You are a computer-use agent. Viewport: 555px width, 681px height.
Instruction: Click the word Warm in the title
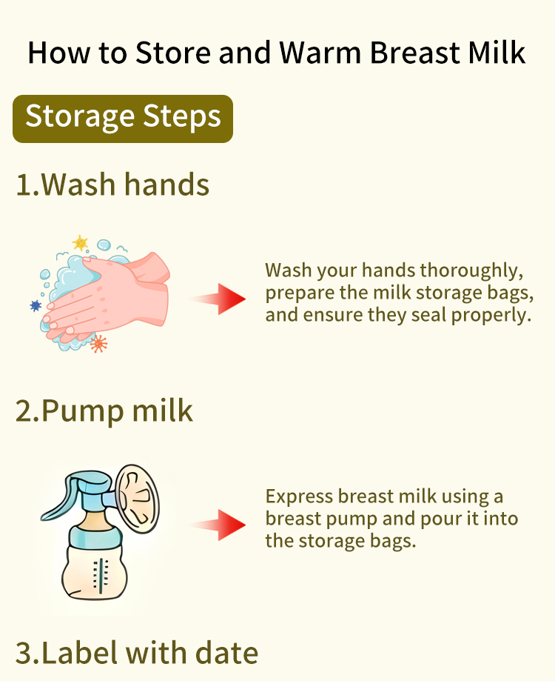[x=320, y=53]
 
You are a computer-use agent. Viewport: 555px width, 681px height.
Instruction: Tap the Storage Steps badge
[x=123, y=119]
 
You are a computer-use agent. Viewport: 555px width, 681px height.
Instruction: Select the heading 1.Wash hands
[x=112, y=185]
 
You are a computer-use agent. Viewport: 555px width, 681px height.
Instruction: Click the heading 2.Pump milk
[x=104, y=411]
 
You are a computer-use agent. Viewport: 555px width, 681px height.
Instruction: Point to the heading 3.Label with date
[x=137, y=653]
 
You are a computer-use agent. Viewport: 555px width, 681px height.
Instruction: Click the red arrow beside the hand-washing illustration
[x=219, y=299]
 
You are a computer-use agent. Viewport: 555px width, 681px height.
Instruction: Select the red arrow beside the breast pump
[x=219, y=525]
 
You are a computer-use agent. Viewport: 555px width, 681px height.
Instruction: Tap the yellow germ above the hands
[x=80, y=243]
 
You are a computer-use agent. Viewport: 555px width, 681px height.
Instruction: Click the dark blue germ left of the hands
[x=36, y=306]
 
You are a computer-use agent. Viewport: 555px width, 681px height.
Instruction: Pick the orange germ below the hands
[x=98, y=344]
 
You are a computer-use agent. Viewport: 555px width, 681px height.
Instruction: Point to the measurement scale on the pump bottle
[x=101, y=577]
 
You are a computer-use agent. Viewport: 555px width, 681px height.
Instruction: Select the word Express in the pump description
[x=300, y=496]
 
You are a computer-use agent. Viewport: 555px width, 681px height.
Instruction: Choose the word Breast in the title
[x=414, y=53]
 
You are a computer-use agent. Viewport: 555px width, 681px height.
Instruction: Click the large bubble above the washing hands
[x=104, y=245]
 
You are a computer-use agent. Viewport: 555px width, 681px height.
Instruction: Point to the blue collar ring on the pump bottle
[x=95, y=537]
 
